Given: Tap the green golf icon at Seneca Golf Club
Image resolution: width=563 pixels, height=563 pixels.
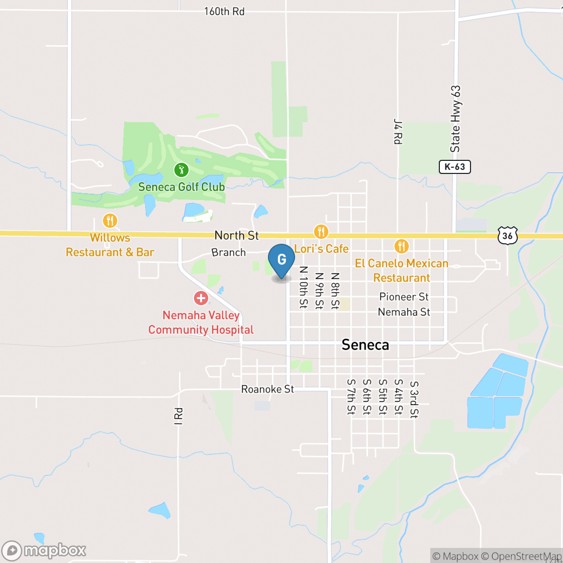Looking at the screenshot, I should pyautogui.click(x=181, y=170).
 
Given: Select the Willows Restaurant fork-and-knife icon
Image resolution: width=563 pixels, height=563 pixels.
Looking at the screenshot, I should pyautogui.click(x=110, y=220).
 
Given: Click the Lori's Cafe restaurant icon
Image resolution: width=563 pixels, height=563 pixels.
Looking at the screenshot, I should pyautogui.click(x=321, y=232).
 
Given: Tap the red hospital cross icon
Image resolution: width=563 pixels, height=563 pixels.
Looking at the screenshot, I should pyautogui.click(x=201, y=298).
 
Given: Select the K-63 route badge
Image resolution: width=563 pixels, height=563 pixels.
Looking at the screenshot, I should pyautogui.click(x=454, y=167).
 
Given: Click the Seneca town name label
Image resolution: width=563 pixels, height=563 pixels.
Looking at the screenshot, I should pyautogui.click(x=365, y=345).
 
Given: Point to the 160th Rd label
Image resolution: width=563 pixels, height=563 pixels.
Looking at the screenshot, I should pyautogui.click(x=224, y=11).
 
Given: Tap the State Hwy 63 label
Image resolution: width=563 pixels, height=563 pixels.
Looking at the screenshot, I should pyautogui.click(x=455, y=119).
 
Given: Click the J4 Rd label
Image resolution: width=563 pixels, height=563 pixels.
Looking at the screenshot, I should pyautogui.click(x=398, y=132).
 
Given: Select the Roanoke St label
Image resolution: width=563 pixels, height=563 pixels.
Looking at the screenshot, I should pyautogui.click(x=267, y=389).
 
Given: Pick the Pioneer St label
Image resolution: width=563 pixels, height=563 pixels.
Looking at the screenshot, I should pyautogui.click(x=404, y=297).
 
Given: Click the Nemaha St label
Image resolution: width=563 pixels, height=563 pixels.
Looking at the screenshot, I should pyautogui.click(x=404, y=312).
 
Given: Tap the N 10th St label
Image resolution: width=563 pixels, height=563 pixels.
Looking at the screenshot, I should pyautogui.click(x=303, y=287).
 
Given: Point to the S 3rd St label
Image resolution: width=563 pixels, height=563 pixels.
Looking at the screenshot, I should pyautogui.click(x=414, y=400).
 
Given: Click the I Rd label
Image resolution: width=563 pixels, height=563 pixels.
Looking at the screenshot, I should pyautogui.click(x=178, y=416).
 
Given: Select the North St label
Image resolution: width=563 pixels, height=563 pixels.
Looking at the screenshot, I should pyautogui.click(x=236, y=235).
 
